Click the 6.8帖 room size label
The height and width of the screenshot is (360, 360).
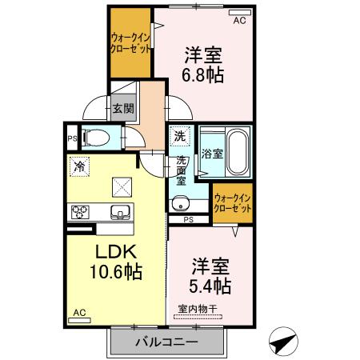tap(204, 77)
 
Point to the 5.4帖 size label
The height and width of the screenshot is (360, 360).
tap(211, 286)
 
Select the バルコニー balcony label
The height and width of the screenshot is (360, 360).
tap(166, 342)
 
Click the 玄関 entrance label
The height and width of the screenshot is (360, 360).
tap(122, 109)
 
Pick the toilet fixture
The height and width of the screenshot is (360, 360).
tap(94, 136)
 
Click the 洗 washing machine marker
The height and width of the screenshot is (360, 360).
tap(180, 136)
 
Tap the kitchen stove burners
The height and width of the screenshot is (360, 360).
tap(81, 212)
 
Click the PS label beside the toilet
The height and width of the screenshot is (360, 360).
tap(72, 136)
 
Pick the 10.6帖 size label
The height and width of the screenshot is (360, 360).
tap(115, 272)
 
